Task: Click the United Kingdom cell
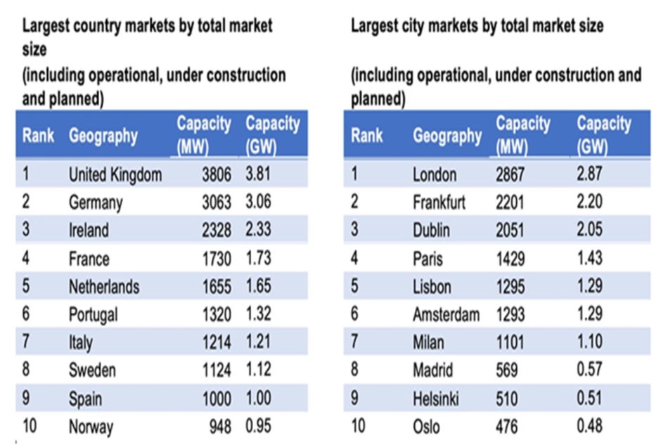(x=115, y=174)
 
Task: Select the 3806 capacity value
(x=217, y=174)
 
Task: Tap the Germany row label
(x=96, y=202)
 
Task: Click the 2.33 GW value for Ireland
(x=258, y=229)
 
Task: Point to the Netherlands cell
(x=104, y=287)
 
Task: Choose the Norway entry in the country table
(x=91, y=427)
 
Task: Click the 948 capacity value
(x=220, y=427)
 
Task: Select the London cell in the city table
(x=435, y=174)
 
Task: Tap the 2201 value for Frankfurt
(x=510, y=202)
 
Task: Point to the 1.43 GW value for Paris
(x=590, y=258)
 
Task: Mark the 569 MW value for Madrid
(x=506, y=370)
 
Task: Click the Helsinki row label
(x=436, y=399)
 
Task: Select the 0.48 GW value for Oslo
(x=590, y=426)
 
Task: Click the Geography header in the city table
(x=447, y=136)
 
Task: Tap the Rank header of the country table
(x=39, y=136)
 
